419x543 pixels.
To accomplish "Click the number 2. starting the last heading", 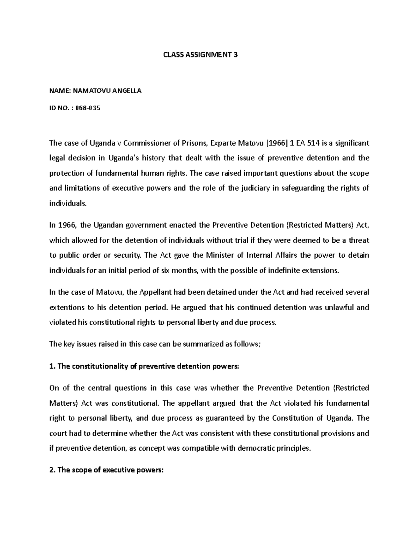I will (x=52, y=470).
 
